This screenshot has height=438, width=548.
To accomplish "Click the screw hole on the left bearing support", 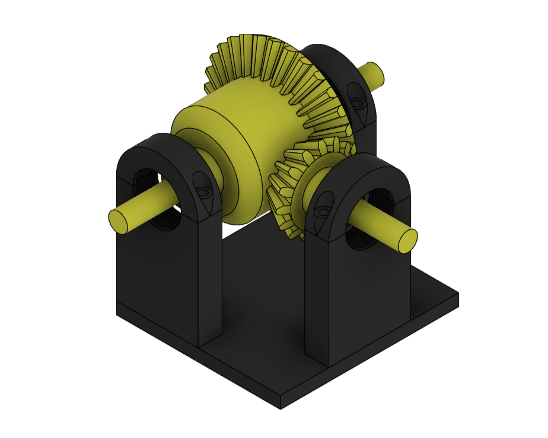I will click(x=203, y=193).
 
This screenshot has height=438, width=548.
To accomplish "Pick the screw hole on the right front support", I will click(x=323, y=212).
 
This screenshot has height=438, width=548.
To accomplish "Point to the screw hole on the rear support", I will click(x=357, y=103).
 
